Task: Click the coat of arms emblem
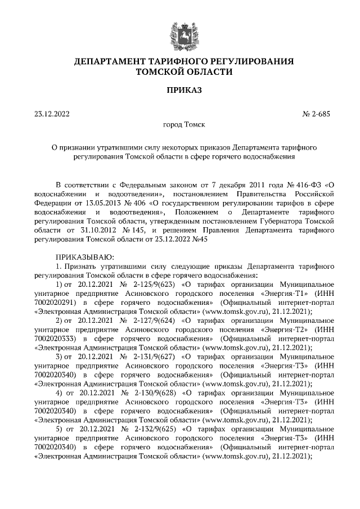(180, 33)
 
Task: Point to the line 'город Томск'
(180, 125)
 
